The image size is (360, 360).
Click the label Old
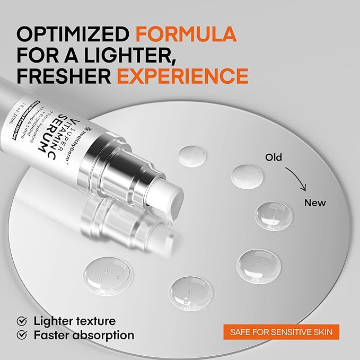click(274, 157)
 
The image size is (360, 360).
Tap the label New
click(315, 203)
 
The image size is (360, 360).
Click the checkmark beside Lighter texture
click(22, 321)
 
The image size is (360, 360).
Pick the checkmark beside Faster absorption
click(22, 335)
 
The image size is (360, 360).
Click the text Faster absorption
click(84, 335)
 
